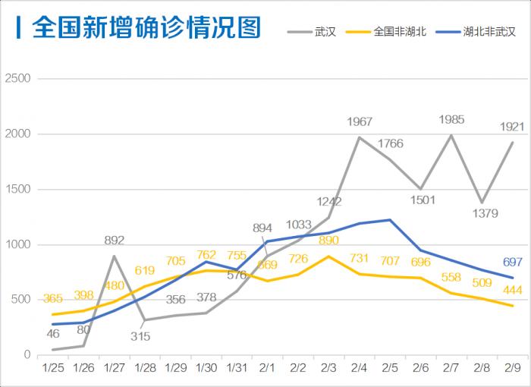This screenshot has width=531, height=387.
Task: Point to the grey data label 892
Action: [114, 241]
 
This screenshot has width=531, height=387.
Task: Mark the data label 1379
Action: [485, 214]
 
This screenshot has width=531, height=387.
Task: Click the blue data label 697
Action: [513, 262]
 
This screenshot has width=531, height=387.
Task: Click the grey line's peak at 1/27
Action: [114, 256]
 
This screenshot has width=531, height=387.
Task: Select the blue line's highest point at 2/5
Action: [389, 220]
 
